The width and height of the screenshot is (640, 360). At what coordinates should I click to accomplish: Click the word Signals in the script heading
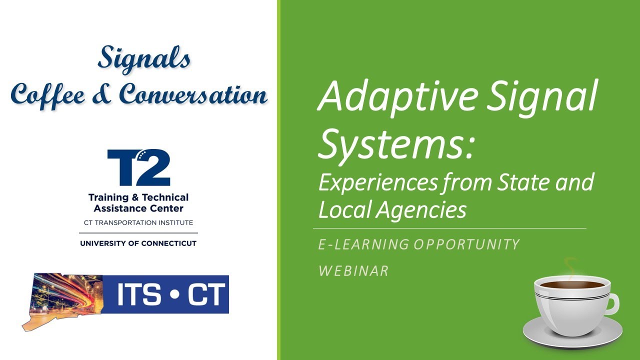tap(144, 59)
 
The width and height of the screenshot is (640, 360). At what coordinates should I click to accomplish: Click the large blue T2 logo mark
tap(138, 167)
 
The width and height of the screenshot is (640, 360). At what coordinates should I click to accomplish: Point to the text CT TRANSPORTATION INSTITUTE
tap(138, 222)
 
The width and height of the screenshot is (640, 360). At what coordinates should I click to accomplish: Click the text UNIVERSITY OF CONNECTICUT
tap(138, 243)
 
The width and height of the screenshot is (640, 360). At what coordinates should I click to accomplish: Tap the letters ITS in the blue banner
tap(139, 295)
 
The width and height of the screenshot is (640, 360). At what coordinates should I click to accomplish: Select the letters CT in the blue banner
tap(204, 295)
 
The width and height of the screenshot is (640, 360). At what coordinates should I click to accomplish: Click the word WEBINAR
tap(353, 271)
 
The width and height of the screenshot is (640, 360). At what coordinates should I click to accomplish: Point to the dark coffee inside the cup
tap(571, 284)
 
